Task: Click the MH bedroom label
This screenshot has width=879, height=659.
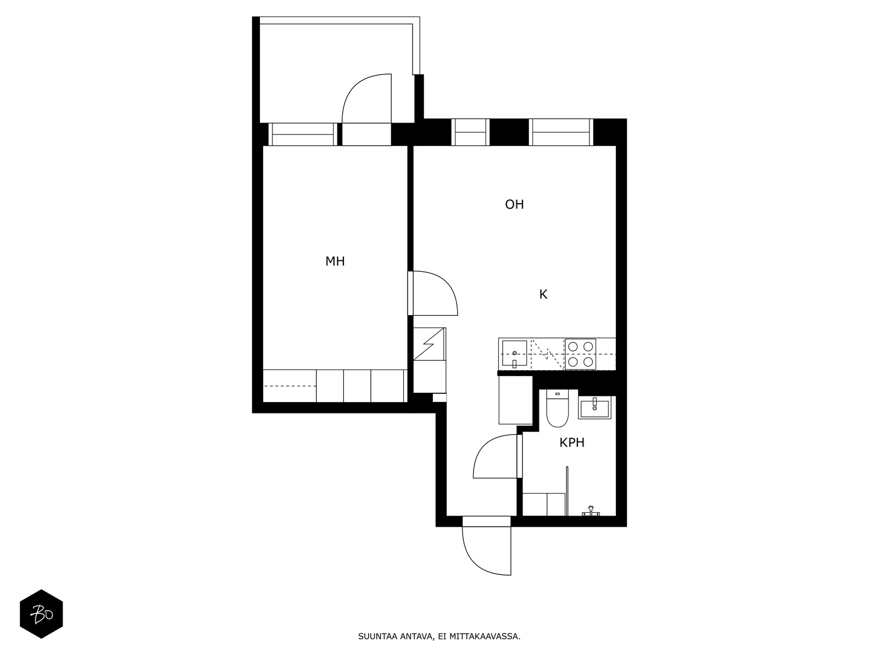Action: click(335, 261)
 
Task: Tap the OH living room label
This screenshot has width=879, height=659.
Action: click(514, 204)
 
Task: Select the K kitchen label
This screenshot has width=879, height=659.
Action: click(543, 294)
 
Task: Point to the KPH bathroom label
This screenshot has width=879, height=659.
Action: click(572, 443)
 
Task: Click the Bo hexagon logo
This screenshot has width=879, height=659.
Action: click(41, 614)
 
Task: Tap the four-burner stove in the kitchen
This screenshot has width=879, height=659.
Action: click(580, 354)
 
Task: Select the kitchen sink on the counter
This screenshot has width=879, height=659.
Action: click(514, 354)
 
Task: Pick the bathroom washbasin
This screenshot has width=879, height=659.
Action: click(594, 408)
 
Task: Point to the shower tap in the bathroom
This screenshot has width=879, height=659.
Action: click(590, 511)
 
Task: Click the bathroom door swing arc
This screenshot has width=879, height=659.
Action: click(484, 446)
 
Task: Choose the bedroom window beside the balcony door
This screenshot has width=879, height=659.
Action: click(303, 135)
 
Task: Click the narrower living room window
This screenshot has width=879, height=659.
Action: click(470, 132)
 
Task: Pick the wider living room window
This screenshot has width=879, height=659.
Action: click(561, 132)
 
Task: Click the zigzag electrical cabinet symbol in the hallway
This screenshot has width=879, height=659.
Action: click(429, 344)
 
